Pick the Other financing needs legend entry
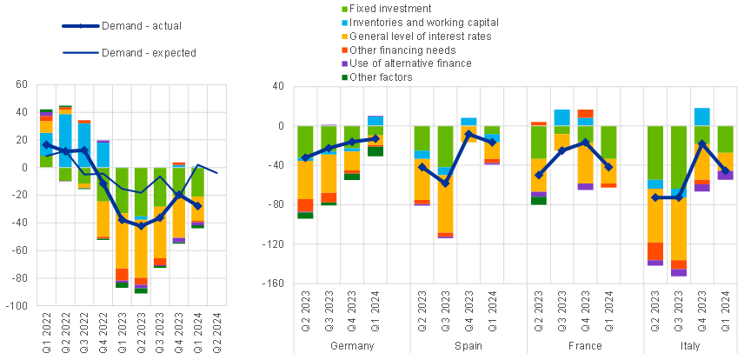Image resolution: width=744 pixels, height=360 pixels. (x=395, y=50)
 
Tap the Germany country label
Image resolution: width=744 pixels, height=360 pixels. (x=353, y=345)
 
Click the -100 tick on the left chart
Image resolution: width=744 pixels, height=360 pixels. (x=17, y=307)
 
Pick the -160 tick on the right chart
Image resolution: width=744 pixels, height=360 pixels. (x=275, y=283)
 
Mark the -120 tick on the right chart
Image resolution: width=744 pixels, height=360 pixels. (x=275, y=244)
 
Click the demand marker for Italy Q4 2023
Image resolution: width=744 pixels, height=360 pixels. (x=701, y=143)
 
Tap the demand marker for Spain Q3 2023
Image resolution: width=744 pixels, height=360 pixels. (x=445, y=183)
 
